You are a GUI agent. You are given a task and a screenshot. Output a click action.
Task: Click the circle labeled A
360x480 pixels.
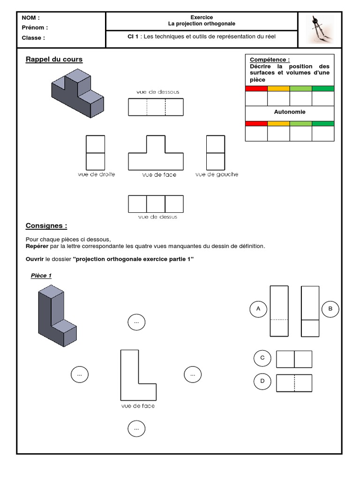[x=258, y=309]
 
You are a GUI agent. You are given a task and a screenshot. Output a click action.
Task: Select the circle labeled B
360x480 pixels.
[x=330, y=309]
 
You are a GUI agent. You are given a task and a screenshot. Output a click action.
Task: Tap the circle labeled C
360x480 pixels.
[x=262, y=358]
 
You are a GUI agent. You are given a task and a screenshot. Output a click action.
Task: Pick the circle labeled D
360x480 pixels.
[x=262, y=381]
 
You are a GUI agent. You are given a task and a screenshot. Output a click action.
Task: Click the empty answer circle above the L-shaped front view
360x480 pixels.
[x=136, y=322]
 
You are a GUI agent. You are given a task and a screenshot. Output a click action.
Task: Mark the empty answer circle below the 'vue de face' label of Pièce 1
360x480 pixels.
[x=136, y=428]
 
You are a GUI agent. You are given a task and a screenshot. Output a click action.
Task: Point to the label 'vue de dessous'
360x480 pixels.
[x=157, y=92]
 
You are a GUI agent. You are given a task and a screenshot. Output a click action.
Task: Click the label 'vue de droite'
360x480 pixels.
[x=97, y=174]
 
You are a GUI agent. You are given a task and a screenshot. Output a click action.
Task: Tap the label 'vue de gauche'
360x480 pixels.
[x=217, y=174]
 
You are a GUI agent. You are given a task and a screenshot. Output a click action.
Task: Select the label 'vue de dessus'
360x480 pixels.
[x=157, y=217]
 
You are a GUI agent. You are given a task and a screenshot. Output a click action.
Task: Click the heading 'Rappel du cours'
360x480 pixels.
[x=54, y=60]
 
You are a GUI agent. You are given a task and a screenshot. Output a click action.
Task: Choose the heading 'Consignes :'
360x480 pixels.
[x=46, y=226]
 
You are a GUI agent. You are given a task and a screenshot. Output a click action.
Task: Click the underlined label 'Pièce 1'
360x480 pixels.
[x=41, y=276]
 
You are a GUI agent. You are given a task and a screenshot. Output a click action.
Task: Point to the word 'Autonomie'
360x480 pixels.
[x=290, y=112]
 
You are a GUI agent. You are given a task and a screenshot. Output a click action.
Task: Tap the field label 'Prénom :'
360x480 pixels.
[x=35, y=28]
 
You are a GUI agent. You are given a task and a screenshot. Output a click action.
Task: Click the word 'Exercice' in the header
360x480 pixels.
[x=202, y=17]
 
